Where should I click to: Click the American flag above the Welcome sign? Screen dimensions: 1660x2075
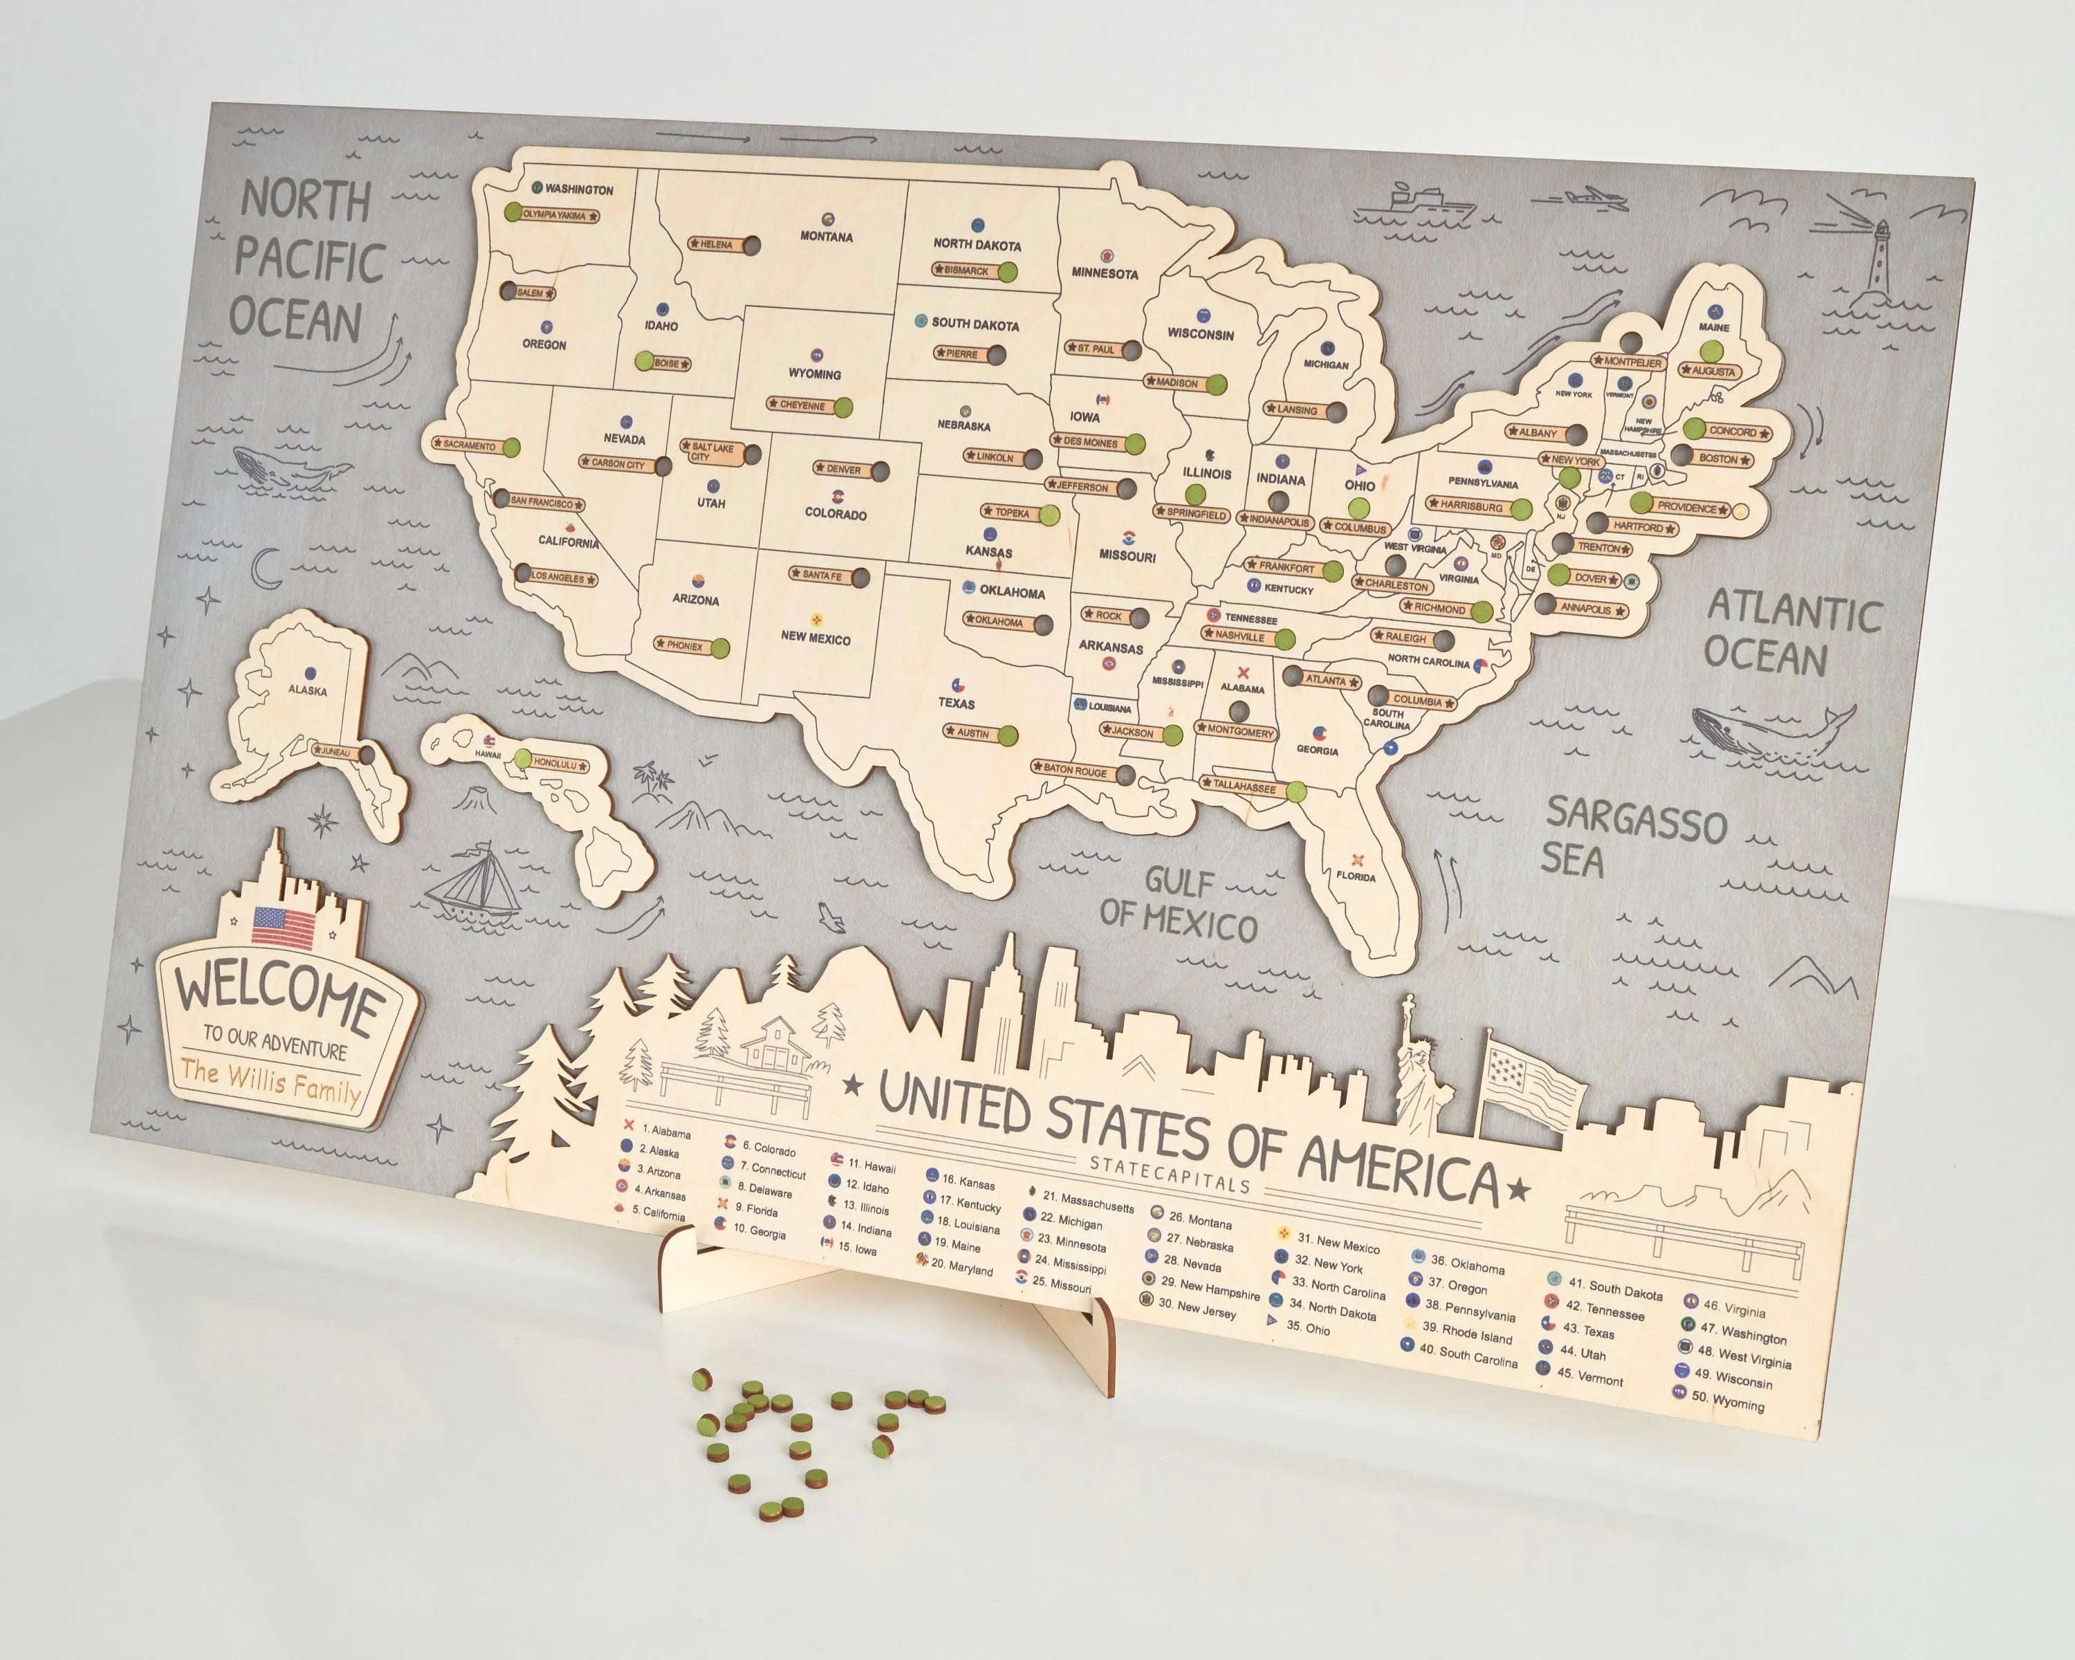coord(284,925)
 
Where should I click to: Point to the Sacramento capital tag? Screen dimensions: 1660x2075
coord(470,445)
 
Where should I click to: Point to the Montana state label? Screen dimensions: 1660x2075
coord(826,237)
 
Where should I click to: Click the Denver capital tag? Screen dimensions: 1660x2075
coord(843,470)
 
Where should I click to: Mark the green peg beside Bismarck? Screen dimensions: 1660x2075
coord(1006,273)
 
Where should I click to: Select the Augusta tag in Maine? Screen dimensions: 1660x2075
coord(1712,371)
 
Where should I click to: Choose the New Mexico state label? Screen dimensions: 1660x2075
coord(815,637)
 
